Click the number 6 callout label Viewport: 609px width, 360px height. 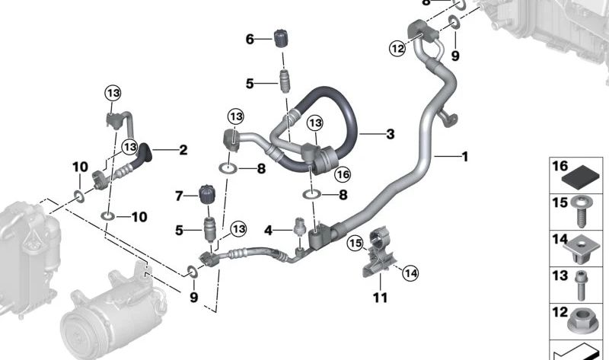pos(250,40)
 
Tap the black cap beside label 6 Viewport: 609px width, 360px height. pos(281,38)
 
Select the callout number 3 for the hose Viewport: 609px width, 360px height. pos(391,134)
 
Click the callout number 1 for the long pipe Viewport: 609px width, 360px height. pos(464,157)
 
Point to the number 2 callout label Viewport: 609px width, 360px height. pos(183,150)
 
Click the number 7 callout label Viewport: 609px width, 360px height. pos(179,196)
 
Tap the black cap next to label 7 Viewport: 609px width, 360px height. pos(207,195)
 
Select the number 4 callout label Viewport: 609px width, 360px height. pos(268,231)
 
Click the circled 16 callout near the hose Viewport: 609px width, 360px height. pos(343,174)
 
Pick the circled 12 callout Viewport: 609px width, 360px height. pos(397,49)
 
